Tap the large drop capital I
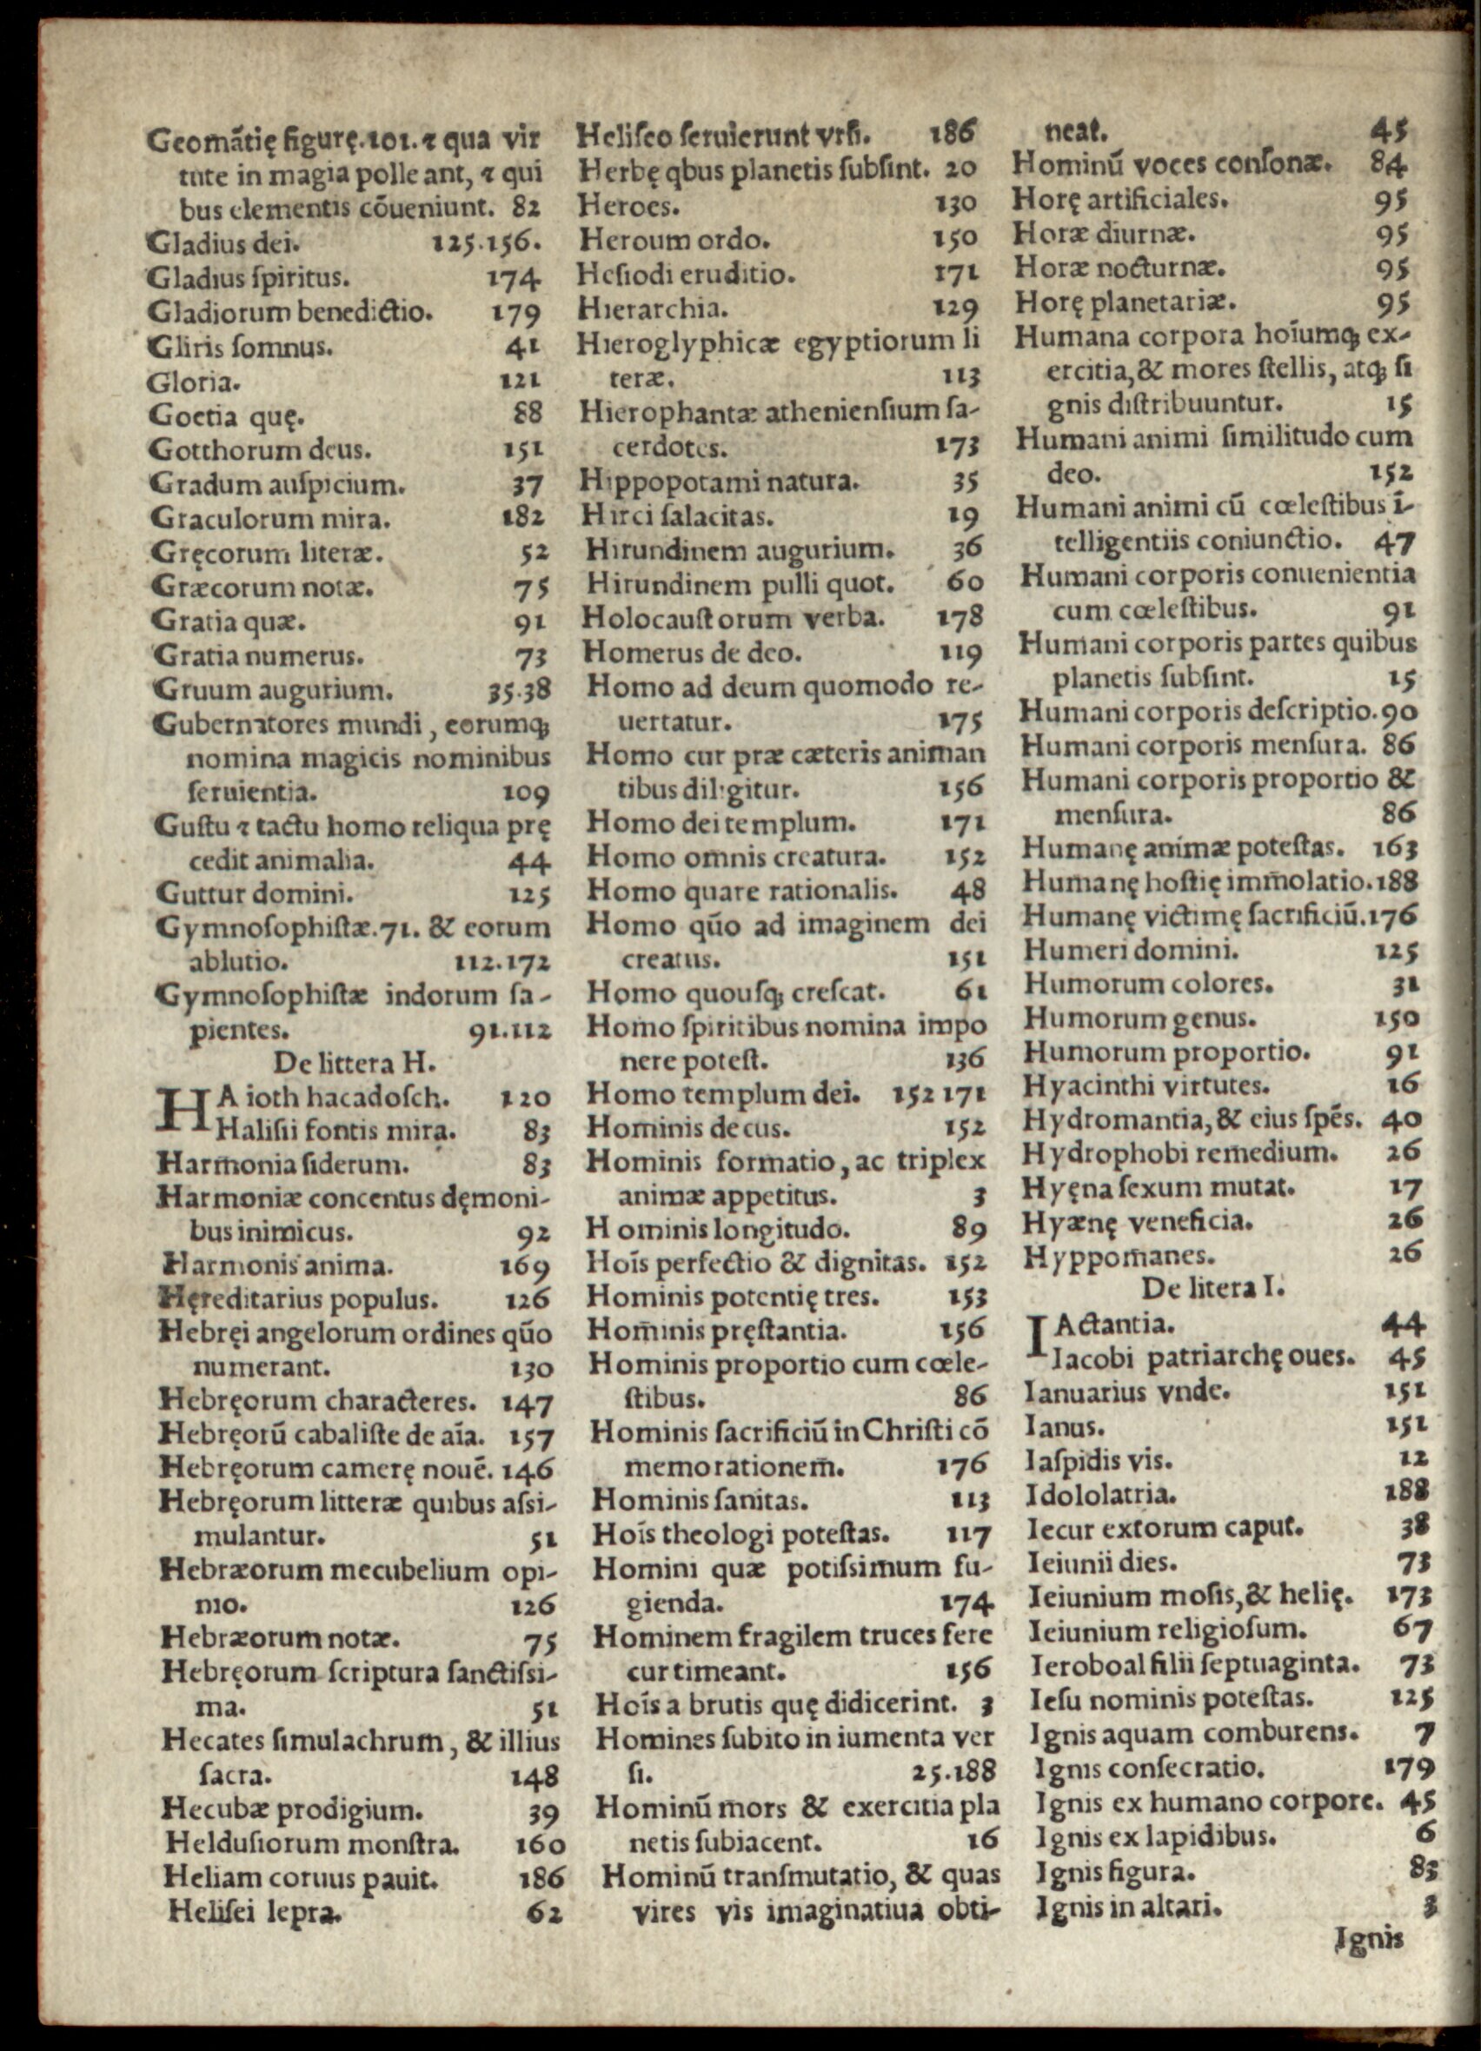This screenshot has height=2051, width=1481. pyautogui.click(x=1037, y=1340)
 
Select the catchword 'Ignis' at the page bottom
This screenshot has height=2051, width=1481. pyautogui.click(x=1369, y=1941)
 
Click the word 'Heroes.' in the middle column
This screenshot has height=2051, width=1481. pyautogui.click(x=628, y=205)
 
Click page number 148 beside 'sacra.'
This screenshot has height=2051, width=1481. pyautogui.click(x=535, y=1777)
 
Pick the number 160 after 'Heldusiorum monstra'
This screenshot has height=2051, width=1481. pyautogui.click(x=540, y=1844)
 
